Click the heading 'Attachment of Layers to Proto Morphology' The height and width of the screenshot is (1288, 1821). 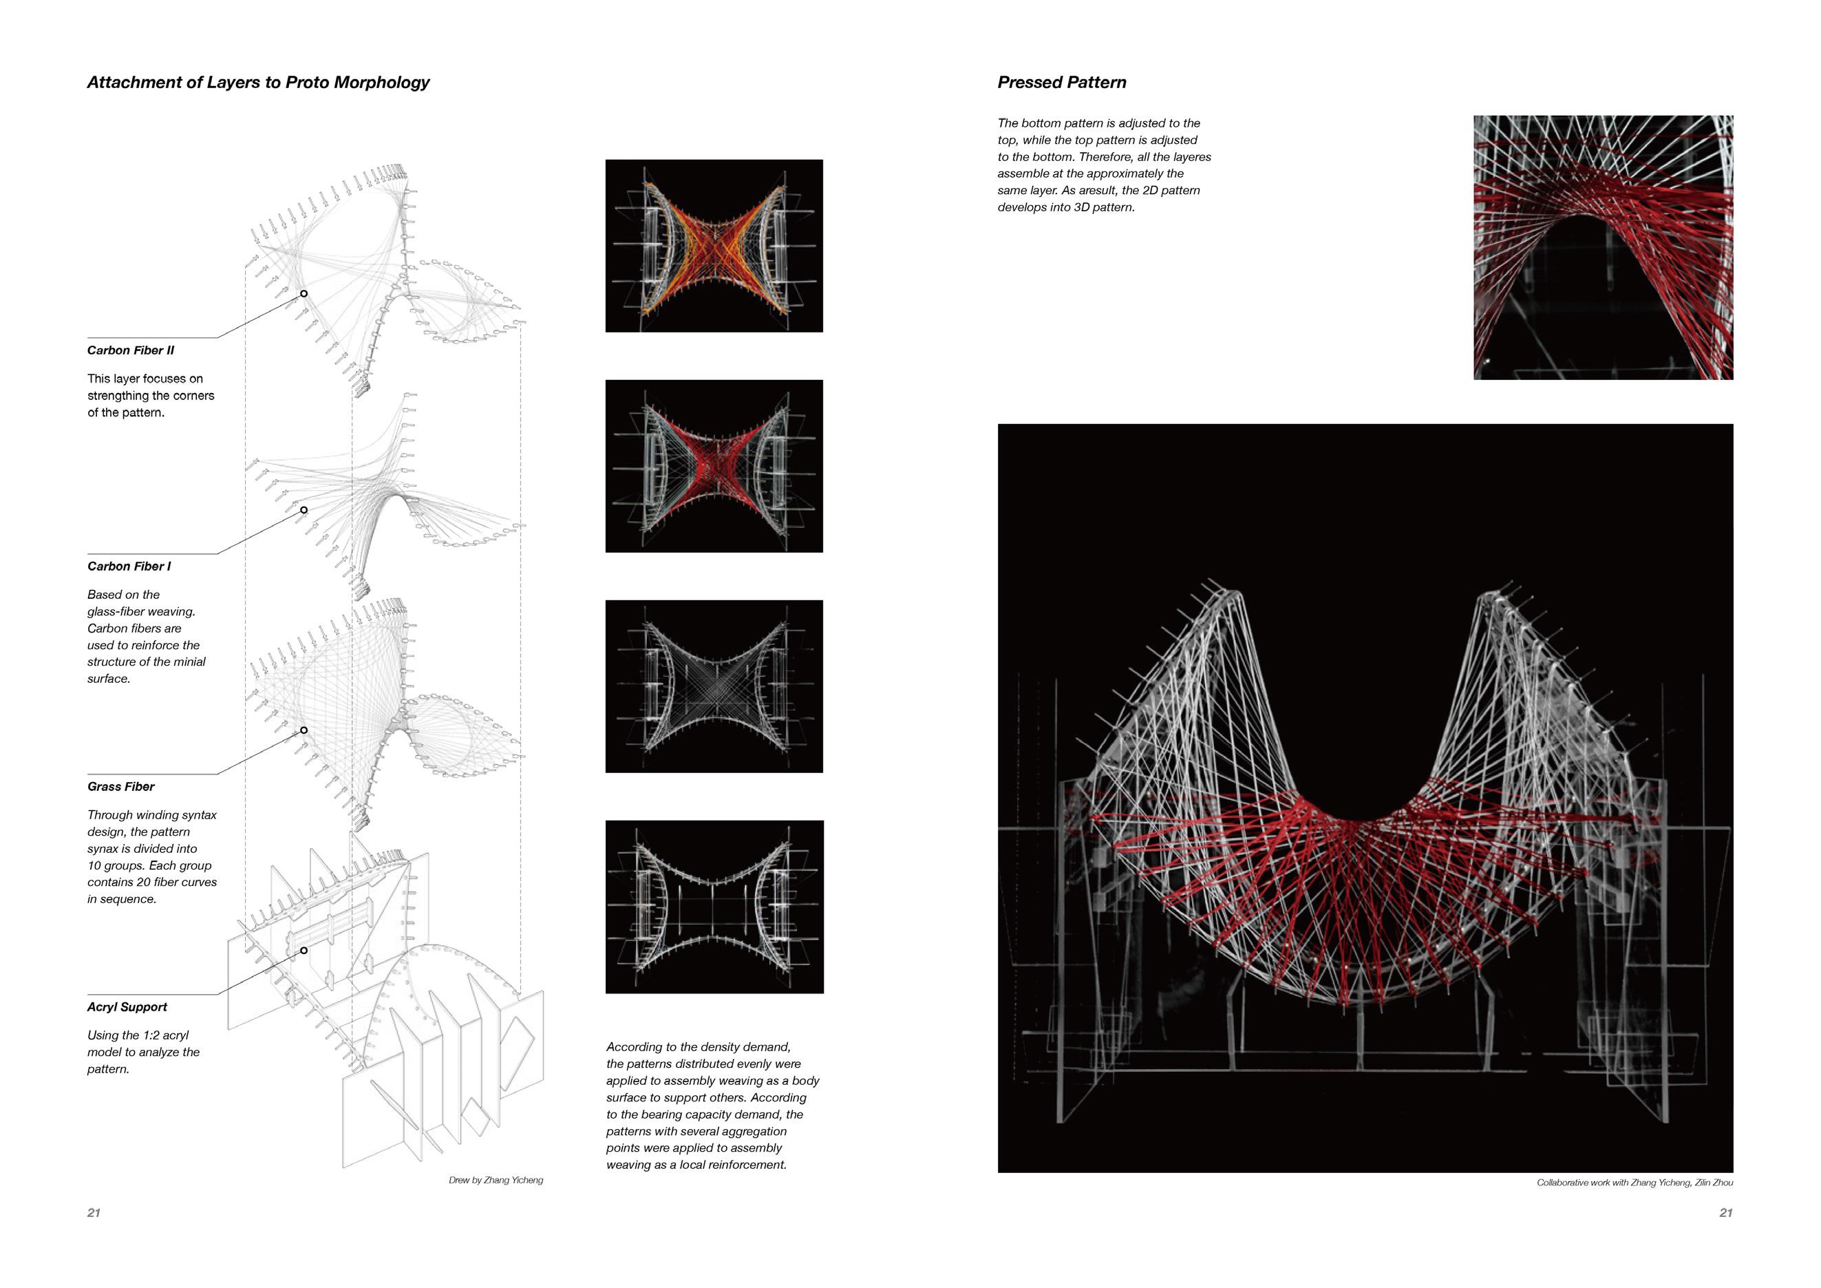point(258,83)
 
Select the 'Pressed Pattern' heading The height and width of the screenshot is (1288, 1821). point(1061,83)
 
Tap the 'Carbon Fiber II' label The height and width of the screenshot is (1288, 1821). point(131,350)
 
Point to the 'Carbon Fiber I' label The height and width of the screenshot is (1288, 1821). point(129,567)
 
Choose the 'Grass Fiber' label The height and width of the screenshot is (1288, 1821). point(121,787)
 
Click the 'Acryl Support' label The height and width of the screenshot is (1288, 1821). point(127,1007)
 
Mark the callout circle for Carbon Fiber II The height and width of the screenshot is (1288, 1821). point(303,294)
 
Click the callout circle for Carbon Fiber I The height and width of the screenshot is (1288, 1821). point(303,510)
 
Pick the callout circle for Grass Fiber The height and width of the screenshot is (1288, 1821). point(303,730)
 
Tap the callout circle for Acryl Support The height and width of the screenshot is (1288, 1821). point(303,950)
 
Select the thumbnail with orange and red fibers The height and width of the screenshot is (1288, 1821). point(714,246)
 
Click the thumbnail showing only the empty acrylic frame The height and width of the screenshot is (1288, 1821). point(714,907)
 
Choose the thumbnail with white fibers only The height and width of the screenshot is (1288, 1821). point(714,686)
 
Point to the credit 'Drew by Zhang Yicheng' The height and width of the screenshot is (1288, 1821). point(496,1180)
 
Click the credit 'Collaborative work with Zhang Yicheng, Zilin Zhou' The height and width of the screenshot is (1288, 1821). point(1634,1183)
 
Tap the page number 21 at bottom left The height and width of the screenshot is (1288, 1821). point(94,1213)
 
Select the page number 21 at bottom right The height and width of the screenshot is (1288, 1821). point(1726,1213)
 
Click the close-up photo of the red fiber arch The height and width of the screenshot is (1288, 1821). point(1603,247)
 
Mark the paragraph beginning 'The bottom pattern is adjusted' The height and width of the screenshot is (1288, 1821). point(1104,165)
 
